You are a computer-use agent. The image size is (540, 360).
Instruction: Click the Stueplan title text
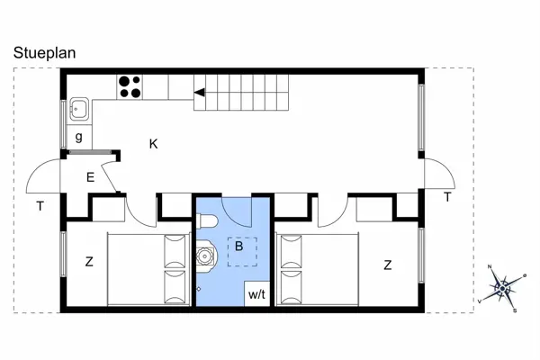point(44,53)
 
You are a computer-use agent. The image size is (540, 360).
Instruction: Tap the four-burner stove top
point(130,87)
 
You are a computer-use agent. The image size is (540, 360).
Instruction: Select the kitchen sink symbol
point(79,110)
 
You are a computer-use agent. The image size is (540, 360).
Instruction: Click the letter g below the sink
point(79,137)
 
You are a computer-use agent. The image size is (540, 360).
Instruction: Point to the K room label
point(153,144)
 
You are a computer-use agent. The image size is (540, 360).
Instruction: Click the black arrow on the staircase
point(200,93)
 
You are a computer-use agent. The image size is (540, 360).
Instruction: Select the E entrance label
point(90,177)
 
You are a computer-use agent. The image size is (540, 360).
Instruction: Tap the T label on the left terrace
point(40,206)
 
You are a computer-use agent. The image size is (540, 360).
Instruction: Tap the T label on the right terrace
point(447,197)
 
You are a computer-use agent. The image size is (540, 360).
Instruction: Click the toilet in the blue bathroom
point(207,220)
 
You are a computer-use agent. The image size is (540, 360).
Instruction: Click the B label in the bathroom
point(238,247)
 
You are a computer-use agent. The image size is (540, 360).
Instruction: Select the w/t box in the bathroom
point(256,294)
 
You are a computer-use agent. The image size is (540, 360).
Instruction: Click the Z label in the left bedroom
point(89,262)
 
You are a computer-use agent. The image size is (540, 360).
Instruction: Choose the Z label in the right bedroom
point(388,265)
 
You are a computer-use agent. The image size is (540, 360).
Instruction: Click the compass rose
point(503,289)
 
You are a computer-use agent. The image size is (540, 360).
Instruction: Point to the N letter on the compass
point(490,266)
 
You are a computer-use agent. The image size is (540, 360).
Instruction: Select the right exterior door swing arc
point(446,166)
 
